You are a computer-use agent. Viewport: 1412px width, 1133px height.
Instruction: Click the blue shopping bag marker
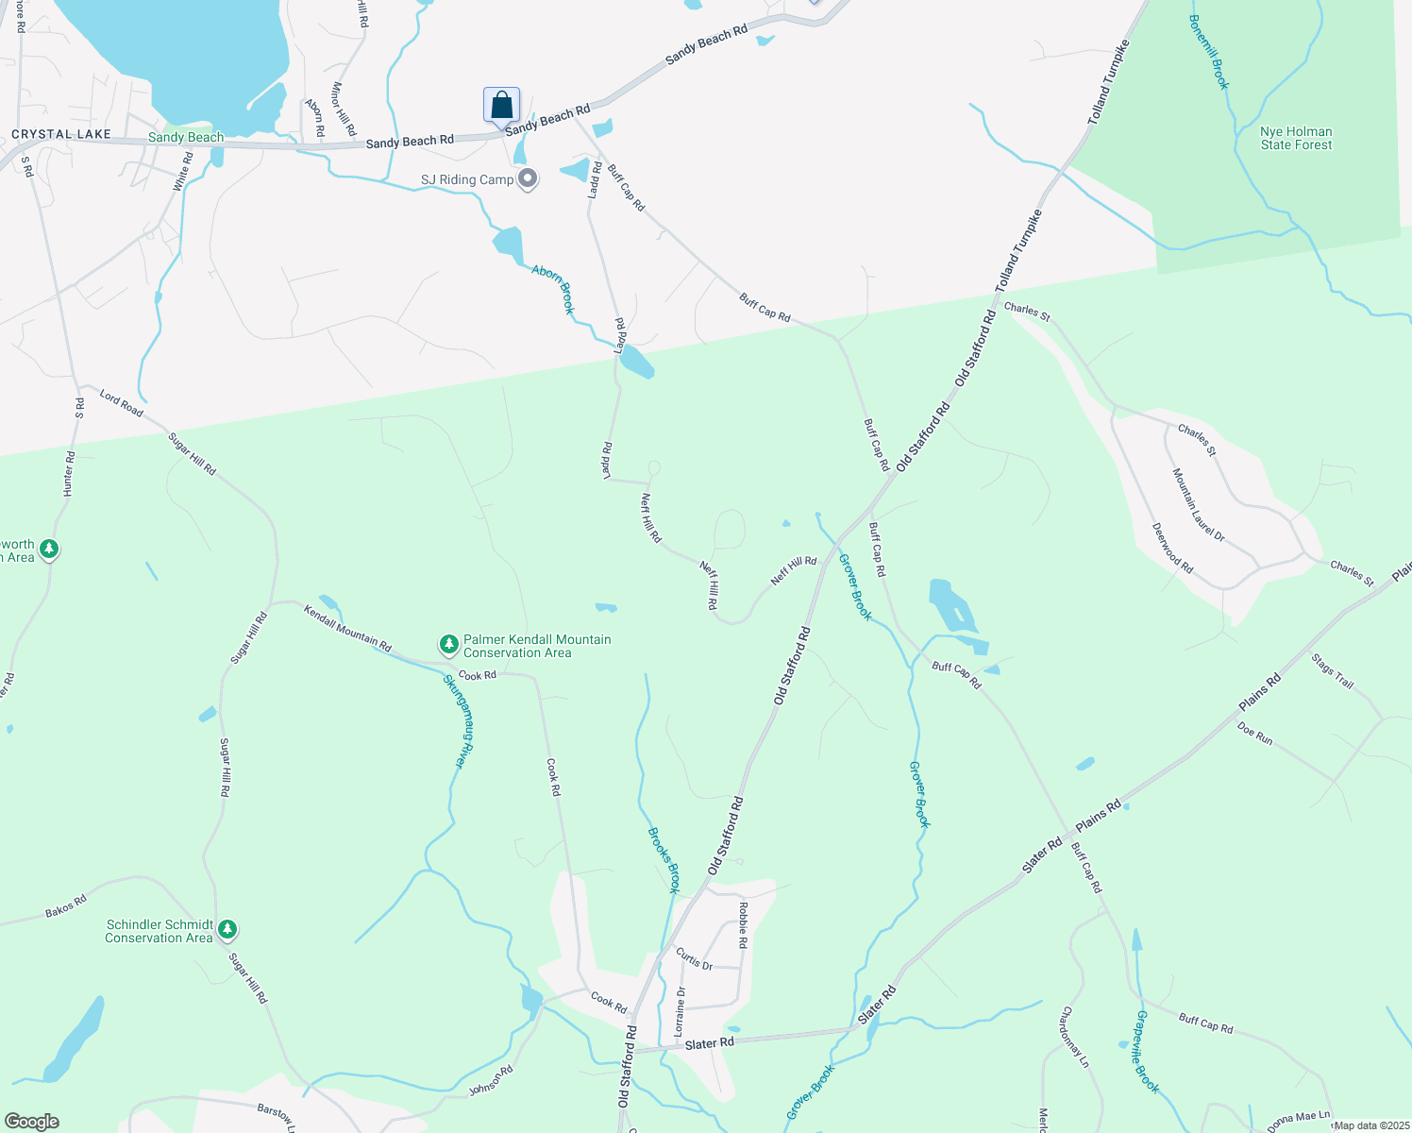pos(501,105)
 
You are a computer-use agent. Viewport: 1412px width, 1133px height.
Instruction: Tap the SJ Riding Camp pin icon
pos(529,178)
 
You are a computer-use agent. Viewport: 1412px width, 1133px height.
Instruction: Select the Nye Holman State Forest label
pos(1296,138)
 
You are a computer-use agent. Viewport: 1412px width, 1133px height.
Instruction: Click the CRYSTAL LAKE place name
pos(61,135)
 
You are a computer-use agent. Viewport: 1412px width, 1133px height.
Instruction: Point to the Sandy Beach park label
pos(186,137)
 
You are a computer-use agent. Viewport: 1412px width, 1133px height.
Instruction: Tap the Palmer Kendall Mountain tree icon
pos(449,645)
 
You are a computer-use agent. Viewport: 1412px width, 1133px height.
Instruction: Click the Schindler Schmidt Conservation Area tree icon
pos(227,930)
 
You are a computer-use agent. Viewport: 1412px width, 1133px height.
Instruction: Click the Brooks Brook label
pos(664,860)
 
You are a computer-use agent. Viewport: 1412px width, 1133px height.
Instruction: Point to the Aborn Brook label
pos(553,289)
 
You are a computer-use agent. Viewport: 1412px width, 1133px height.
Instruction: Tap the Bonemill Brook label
pos(1209,52)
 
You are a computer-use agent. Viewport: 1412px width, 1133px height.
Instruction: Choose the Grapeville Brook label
pos(1147,1052)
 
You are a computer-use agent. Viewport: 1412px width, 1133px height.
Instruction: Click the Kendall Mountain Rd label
pos(347,628)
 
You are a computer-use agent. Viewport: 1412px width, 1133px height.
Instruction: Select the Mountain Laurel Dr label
pos(1198,505)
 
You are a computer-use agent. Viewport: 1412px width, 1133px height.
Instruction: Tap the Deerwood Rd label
pos(1173,549)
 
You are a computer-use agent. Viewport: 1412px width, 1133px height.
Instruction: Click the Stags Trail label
pos(1332,670)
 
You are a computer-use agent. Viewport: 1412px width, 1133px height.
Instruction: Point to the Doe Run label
pos(1254,734)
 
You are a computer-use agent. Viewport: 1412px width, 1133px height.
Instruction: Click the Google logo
pos(32,1122)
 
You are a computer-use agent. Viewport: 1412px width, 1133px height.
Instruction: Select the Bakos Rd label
pos(66,907)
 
